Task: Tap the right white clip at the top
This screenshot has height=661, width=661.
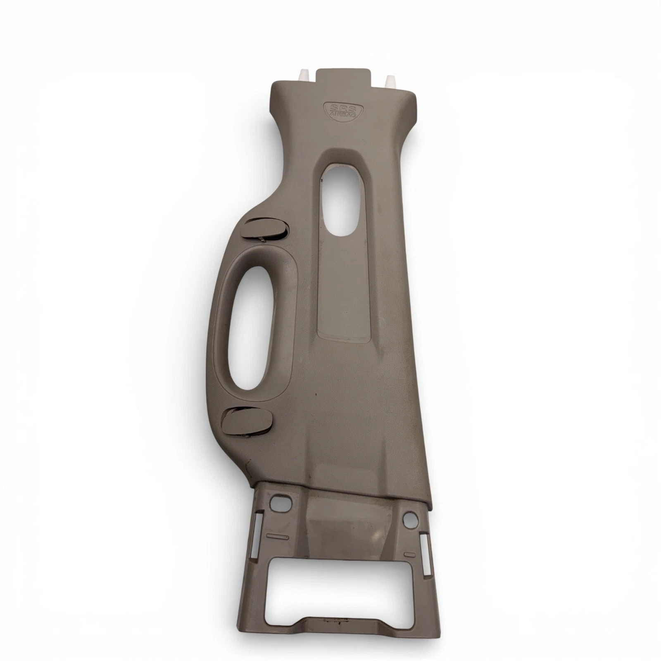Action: coord(389,80)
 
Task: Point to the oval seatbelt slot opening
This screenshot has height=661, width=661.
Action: coord(342,197)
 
